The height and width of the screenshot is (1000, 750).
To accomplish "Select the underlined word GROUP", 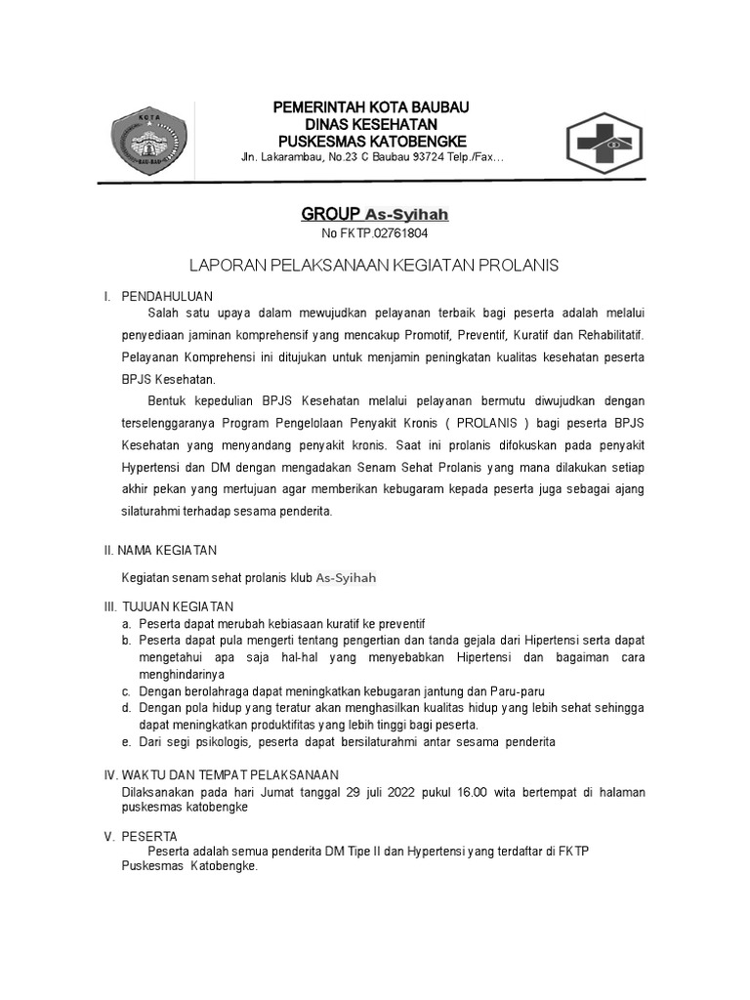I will pos(331,214).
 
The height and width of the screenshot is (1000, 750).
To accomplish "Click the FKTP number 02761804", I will pos(394,234).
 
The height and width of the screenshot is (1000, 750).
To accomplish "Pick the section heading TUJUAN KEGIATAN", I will pos(177,606).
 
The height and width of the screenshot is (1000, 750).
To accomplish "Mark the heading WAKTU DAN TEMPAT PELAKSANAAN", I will pos(229,774).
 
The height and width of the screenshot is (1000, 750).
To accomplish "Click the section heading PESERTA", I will pos(148,836).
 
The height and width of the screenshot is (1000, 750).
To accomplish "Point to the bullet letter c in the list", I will pos(126,691).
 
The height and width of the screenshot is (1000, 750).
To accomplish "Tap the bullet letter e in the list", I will pos(126,742).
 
